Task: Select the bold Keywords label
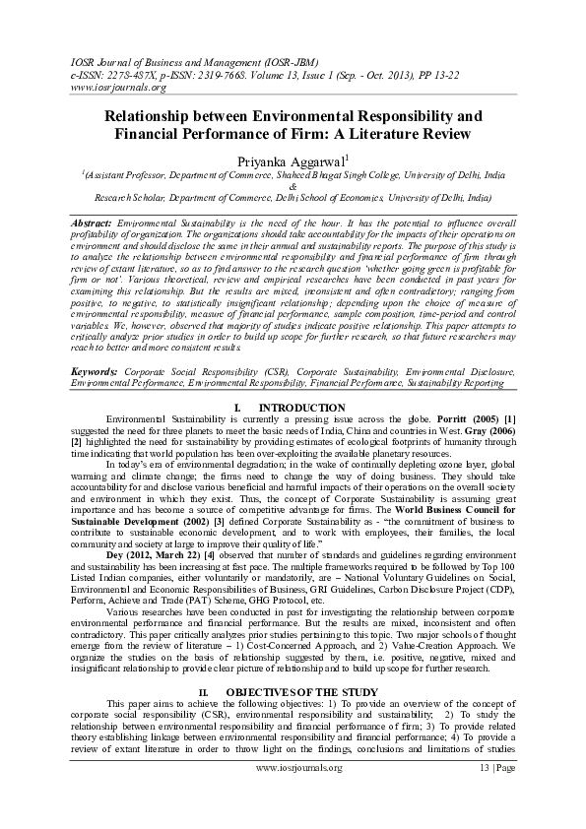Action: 98,372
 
